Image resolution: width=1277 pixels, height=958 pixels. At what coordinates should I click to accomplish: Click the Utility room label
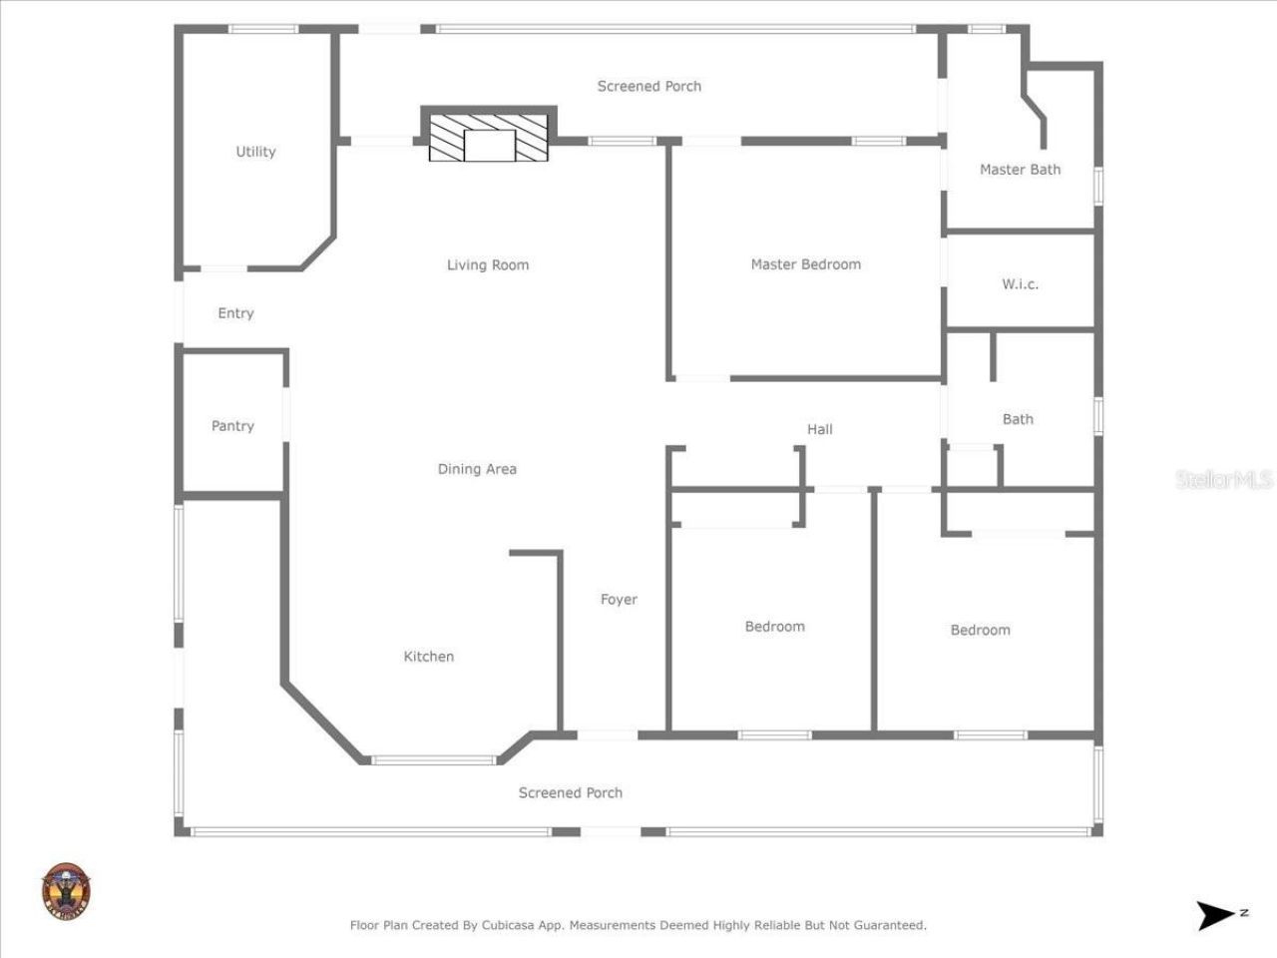tap(255, 152)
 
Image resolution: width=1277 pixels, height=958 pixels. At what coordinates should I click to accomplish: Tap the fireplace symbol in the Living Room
tap(489, 138)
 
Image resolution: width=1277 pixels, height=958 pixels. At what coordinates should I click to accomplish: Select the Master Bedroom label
tap(805, 264)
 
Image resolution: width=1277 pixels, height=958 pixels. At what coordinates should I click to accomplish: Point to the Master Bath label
tap(1020, 170)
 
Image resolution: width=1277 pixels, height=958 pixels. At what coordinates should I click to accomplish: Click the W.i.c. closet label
tap(1020, 284)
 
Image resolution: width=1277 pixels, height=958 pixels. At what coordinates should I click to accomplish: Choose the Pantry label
tap(232, 426)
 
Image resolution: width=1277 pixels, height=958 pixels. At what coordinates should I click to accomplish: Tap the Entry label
tap(235, 313)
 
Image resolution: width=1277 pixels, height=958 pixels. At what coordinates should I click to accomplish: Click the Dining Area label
tap(477, 469)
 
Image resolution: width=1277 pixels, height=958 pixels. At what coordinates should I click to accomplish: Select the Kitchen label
tap(428, 657)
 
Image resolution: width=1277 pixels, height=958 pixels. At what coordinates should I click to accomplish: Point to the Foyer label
tap(619, 600)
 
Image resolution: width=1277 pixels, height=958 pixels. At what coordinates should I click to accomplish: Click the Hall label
tap(819, 429)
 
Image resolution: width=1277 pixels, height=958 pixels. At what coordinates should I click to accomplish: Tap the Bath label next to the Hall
tap(1018, 419)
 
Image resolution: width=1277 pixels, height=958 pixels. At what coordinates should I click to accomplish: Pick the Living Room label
tap(488, 265)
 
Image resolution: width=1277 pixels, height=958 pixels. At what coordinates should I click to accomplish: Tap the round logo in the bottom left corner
tap(66, 891)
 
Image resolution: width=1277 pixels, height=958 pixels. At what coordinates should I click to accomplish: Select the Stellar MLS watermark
tap(1223, 480)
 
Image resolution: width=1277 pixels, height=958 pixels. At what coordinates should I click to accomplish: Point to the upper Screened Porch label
tap(648, 87)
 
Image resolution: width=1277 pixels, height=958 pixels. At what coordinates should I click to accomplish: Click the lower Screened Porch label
tap(570, 793)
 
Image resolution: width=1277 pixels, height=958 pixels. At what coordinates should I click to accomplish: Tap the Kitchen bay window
tap(433, 760)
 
